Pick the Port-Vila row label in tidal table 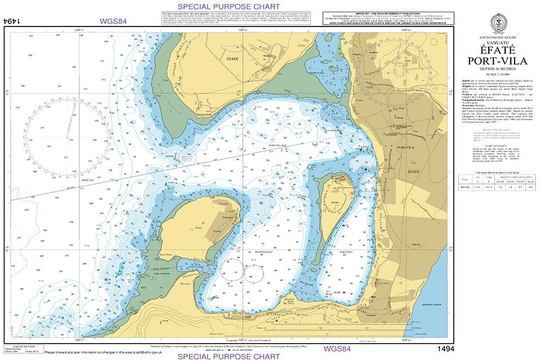(x=465, y=187)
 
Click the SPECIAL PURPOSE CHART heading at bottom (x=228, y=356)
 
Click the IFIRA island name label (x=199, y=228)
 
